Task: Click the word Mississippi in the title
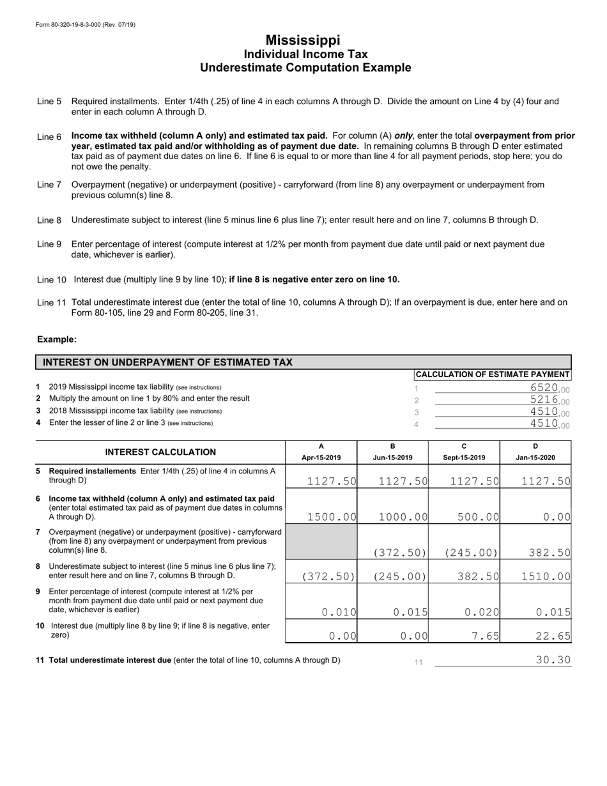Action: [x=303, y=40]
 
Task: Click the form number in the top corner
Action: [x=86, y=24]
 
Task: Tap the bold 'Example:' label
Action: [x=57, y=339]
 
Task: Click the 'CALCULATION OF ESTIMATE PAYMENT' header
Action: [x=493, y=374]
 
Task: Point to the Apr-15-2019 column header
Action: [x=321, y=458]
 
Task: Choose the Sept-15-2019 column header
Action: [x=464, y=458]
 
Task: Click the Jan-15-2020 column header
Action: [x=535, y=458]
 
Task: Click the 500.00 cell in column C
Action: [x=473, y=517]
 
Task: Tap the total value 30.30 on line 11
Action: [x=553, y=660]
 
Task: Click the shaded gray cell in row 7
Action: [x=321, y=543]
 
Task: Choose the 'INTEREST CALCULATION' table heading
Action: [x=160, y=452]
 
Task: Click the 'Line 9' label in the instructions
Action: [x=49, y=244]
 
